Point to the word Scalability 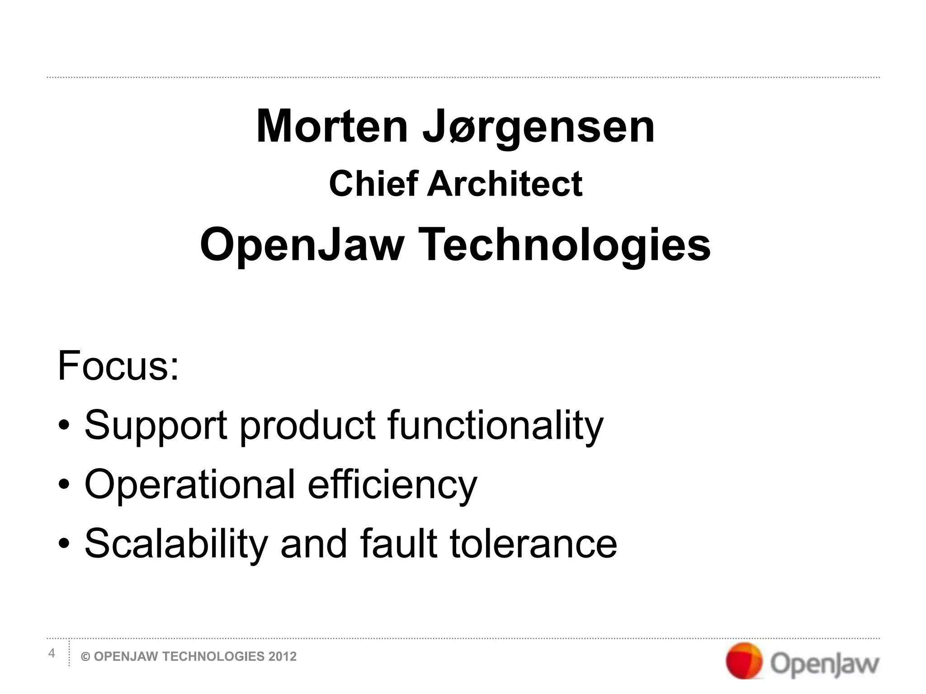[176, 544]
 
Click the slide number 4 [52, 653]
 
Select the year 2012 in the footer [283, 657]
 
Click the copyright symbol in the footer [85, 657]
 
